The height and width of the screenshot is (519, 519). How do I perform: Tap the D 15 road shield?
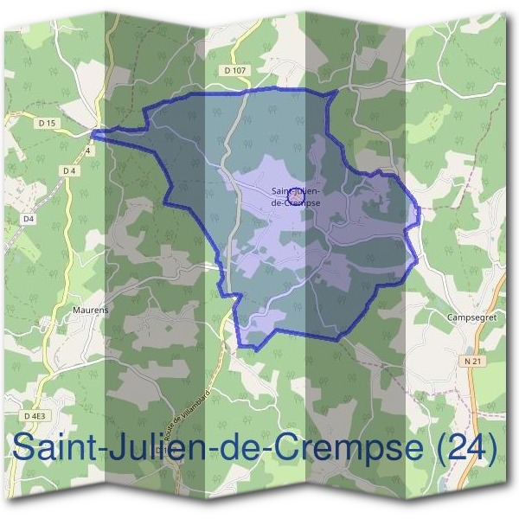[x=47, y=124]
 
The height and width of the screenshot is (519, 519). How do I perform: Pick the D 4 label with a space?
[x=70, y=171]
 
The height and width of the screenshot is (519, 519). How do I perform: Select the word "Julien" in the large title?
[x=165, y=447]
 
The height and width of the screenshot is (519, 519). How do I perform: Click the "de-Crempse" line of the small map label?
[x=295, y=202]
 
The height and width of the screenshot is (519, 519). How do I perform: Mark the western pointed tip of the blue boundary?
[x=93, y=132]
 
